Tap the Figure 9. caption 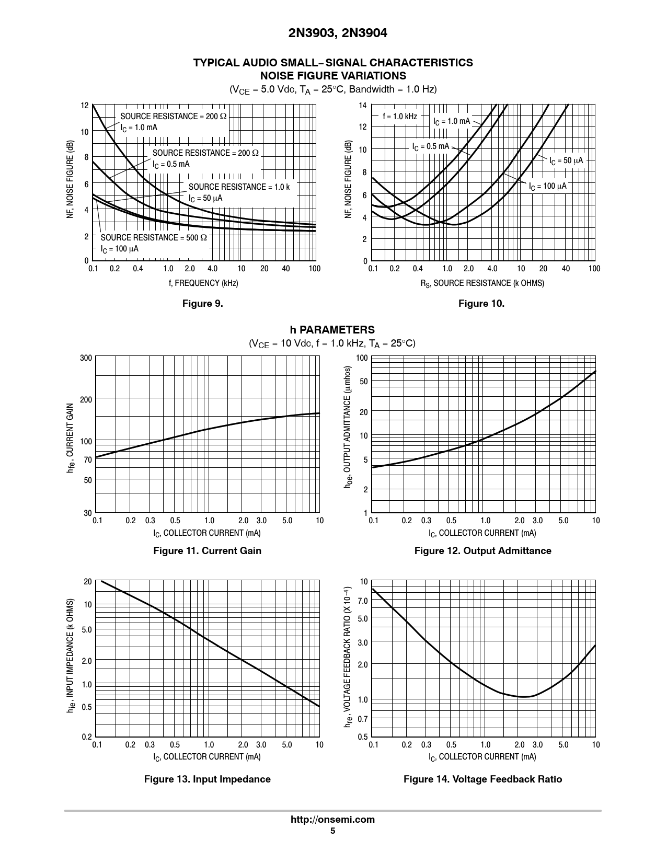(x=202, y=304)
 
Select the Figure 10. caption (x=481, y=304)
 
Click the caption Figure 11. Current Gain (x=207, y=550)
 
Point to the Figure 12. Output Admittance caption (x=482, y=550)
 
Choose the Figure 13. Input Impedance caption (x=207, y=779)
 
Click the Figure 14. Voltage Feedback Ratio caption (x=482, y=779)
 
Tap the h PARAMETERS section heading (x=332, y=330)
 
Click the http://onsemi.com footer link (x=332, y=819)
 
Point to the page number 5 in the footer (x=332, y=831)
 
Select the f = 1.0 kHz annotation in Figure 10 (x=399, y=117)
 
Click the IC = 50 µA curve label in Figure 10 (x=566, y=160)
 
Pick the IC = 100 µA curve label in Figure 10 (x=547, y=187)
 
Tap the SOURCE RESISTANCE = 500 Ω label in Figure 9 (x=154, y=238)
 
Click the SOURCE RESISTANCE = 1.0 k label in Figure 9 (x=239, y=187)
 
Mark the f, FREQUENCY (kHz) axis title (x=203, y=283)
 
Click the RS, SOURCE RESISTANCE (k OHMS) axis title (x=482, y=283)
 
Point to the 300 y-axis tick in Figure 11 (x=86, y=358)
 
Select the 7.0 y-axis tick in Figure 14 (x=363, y=601)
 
